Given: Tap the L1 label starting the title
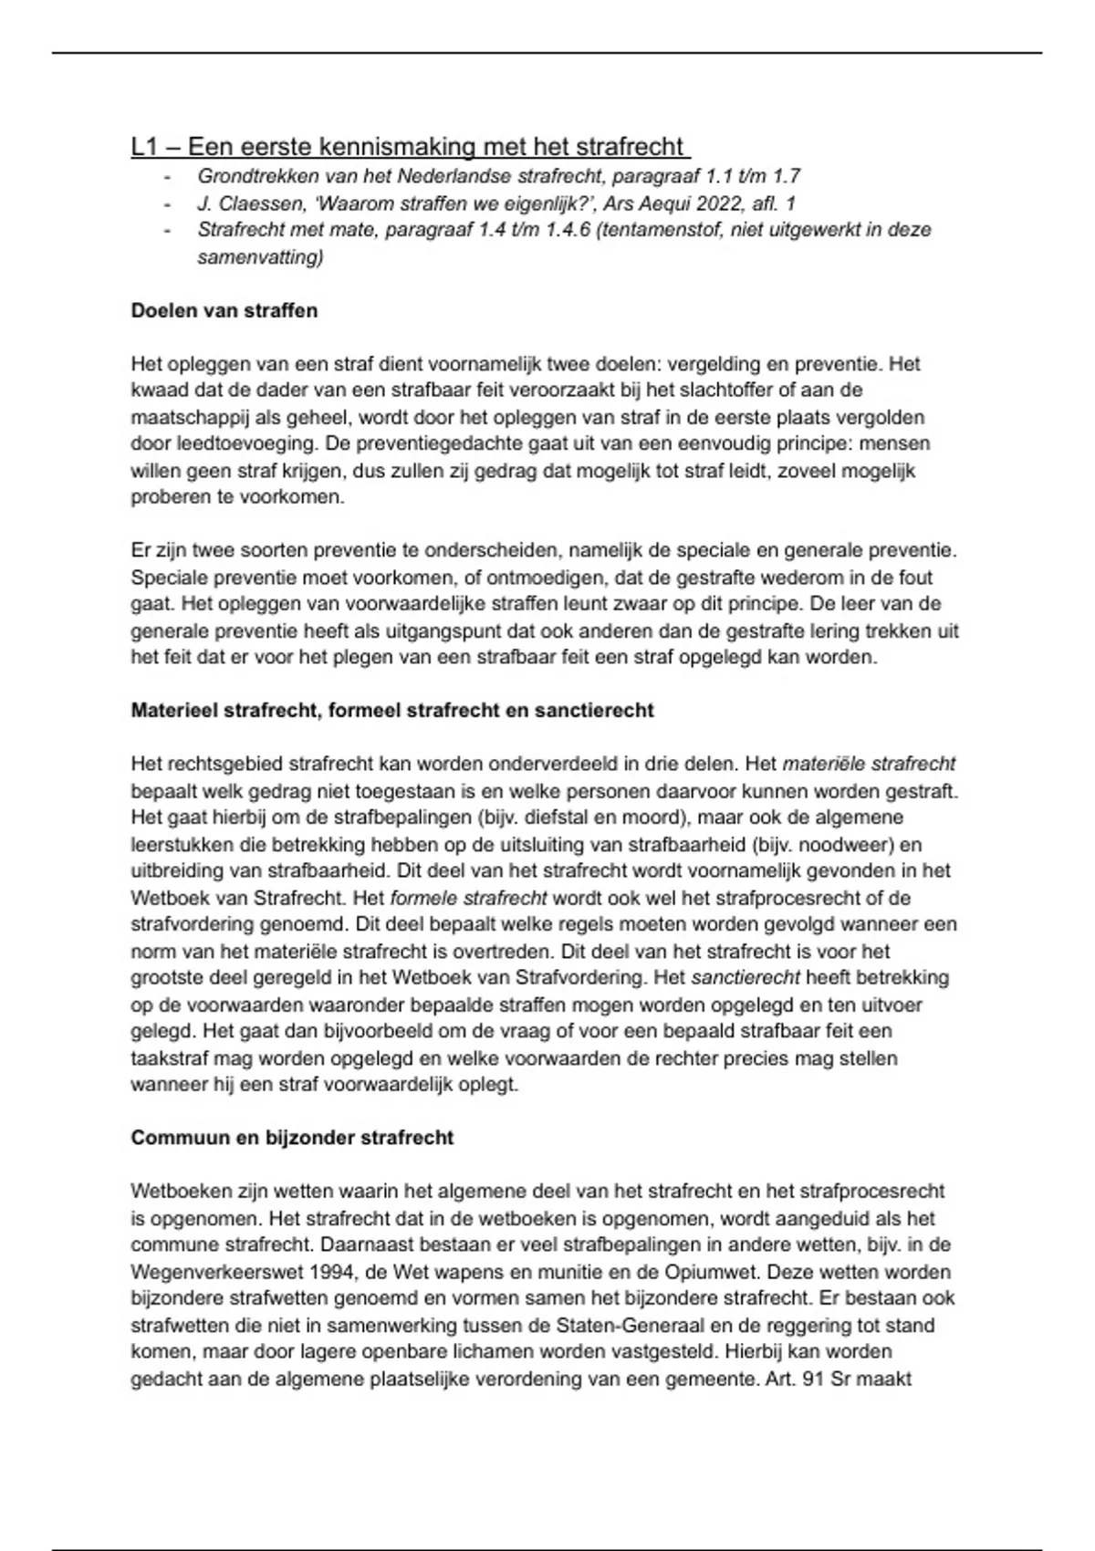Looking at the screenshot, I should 145,147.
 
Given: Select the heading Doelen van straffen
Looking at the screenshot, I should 224,311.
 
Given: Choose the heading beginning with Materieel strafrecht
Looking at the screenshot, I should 392,711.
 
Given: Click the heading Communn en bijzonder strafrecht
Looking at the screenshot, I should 292,1139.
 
